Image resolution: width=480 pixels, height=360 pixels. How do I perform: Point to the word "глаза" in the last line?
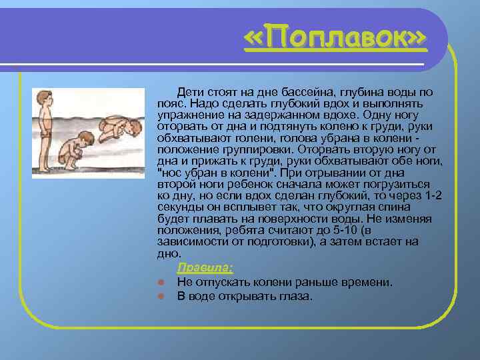pos(297,296)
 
